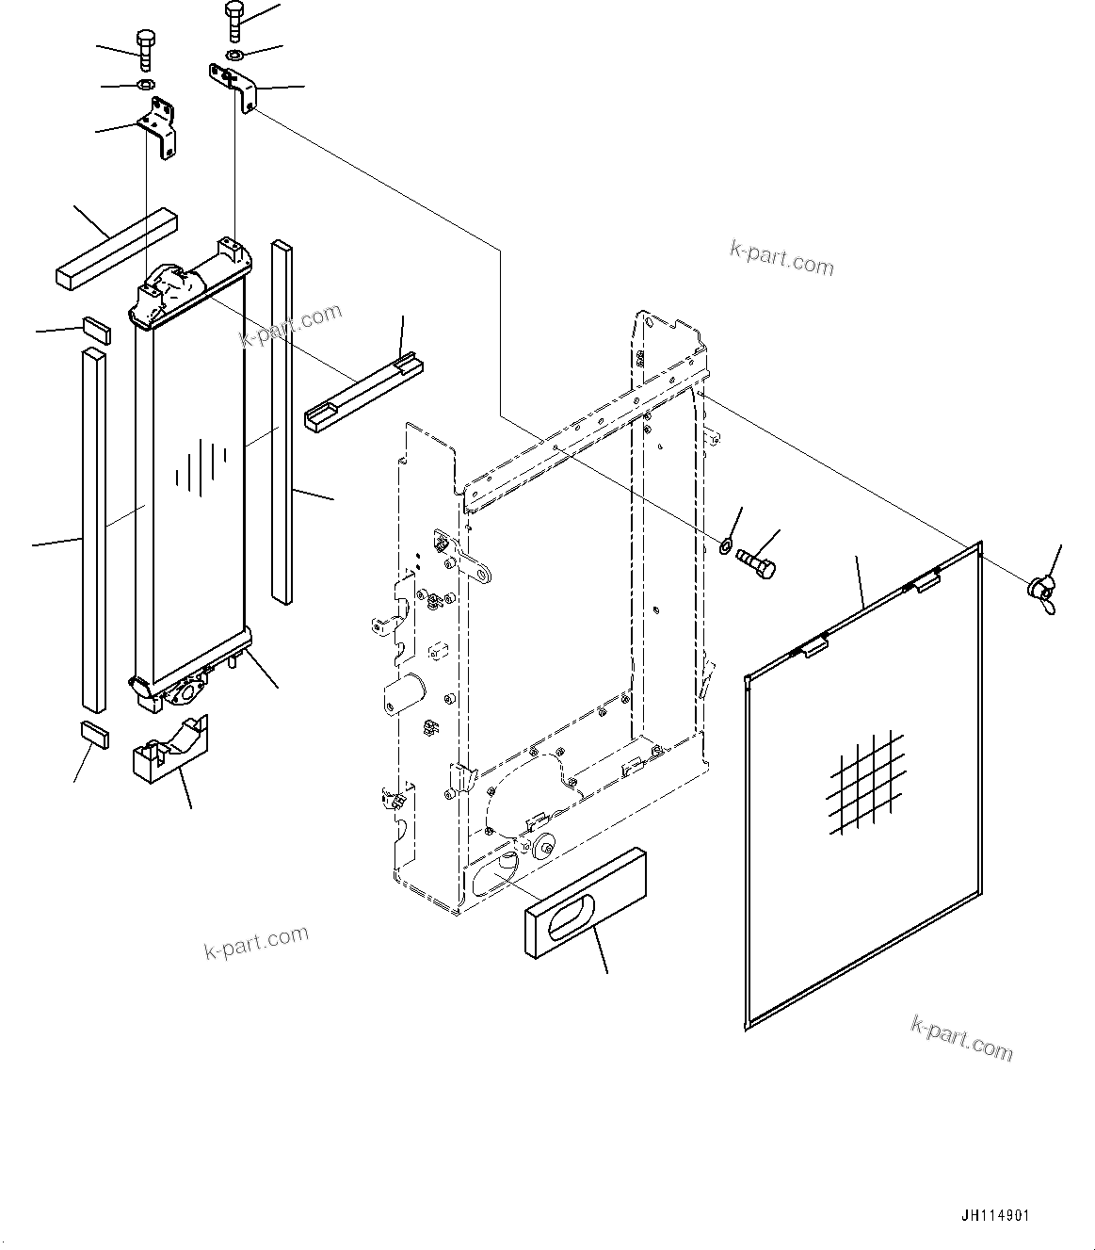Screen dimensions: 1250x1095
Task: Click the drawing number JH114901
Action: [995, 1215]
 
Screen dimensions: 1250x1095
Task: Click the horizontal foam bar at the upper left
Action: [112, 248]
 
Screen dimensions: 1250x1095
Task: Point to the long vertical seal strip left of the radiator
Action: [93, 528]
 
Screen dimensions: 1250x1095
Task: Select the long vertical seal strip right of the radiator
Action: [282, 422]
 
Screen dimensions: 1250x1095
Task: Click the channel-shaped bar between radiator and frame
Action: [362, 391]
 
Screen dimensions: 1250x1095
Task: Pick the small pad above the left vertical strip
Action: [95, 330]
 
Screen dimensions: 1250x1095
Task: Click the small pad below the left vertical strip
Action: [94, 732]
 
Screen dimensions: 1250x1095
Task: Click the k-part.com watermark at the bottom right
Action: [961, 1037]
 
